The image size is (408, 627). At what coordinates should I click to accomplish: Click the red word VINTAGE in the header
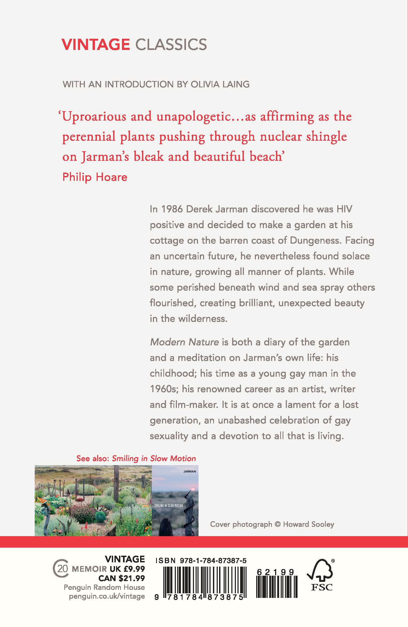96,45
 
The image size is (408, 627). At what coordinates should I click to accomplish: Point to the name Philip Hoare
95,177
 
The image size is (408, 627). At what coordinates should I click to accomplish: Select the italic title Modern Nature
184,342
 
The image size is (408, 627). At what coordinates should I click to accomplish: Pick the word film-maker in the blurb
196,404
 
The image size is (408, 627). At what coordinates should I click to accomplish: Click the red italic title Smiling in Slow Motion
154,458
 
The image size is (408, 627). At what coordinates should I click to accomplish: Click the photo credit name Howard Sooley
308,524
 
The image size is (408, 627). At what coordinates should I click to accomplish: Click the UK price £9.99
130,569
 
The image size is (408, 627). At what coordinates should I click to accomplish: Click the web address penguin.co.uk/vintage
107,596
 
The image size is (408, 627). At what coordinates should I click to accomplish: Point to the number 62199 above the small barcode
275,572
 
